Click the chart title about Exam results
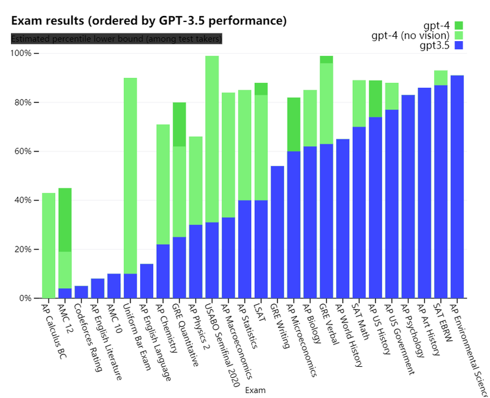(x=149, y=21)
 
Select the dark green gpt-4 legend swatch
(x=459, y=25)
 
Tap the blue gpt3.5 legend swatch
(x=459, y=45)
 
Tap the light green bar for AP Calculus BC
(x=48, y=245)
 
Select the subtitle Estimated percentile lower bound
(x=116, y=39)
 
